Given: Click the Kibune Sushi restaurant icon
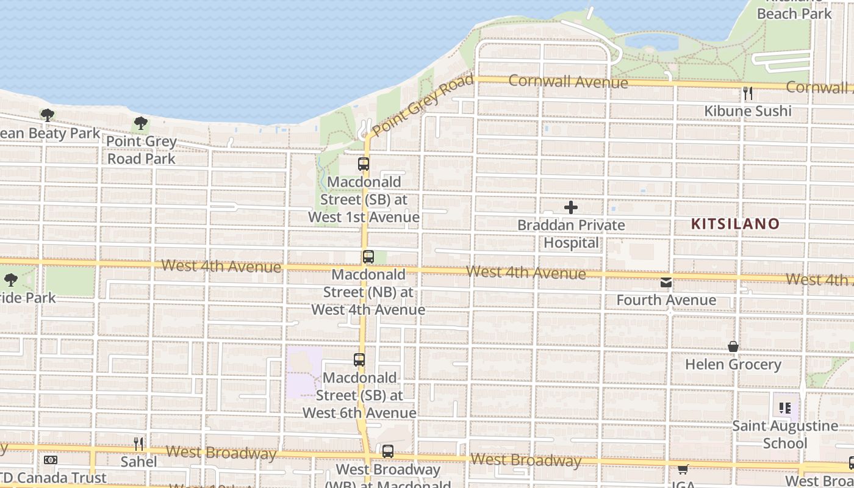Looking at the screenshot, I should coord(748,93).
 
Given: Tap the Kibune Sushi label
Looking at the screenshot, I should coord(748,111).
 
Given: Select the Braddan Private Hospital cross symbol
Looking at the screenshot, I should coord(571,208).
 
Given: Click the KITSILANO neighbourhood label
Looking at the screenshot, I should coord(735,224).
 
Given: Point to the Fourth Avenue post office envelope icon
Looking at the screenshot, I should coord(666,282).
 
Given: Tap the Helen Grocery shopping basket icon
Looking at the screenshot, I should coord(733,347).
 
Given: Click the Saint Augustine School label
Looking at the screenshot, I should coord(785,434).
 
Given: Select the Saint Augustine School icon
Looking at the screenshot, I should coord(785,408).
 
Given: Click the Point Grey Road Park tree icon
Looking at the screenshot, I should coord(141,124).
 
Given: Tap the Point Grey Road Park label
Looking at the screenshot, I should coord(142,150).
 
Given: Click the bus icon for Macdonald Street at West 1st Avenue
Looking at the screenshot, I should coord(364,164).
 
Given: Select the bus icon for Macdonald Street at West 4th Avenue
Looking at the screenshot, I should coord(368,257).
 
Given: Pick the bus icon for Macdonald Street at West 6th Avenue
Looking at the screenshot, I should coord(359,360).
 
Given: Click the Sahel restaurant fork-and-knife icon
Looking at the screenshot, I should coord(139,444).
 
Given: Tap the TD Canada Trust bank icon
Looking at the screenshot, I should coord(51,460).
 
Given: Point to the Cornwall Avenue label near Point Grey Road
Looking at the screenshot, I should coord(568,81).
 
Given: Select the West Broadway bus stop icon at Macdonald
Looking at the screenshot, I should coord(388,452).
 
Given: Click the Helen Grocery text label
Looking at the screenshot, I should coord(733,365).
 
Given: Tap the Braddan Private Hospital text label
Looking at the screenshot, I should coord(571,234).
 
